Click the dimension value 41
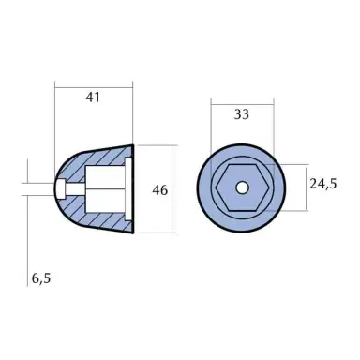(x=95, y=97)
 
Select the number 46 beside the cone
(x=159, y=189)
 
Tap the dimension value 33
(x=243, y=115)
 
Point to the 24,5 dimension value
(x=322, y=185)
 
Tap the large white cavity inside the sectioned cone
(x=105, y=189)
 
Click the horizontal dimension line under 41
(x=95, y=110)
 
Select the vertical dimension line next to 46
(x=174, y=189)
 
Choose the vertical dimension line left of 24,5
(x=303, y=187)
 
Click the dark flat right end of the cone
(x=132, y=189)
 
